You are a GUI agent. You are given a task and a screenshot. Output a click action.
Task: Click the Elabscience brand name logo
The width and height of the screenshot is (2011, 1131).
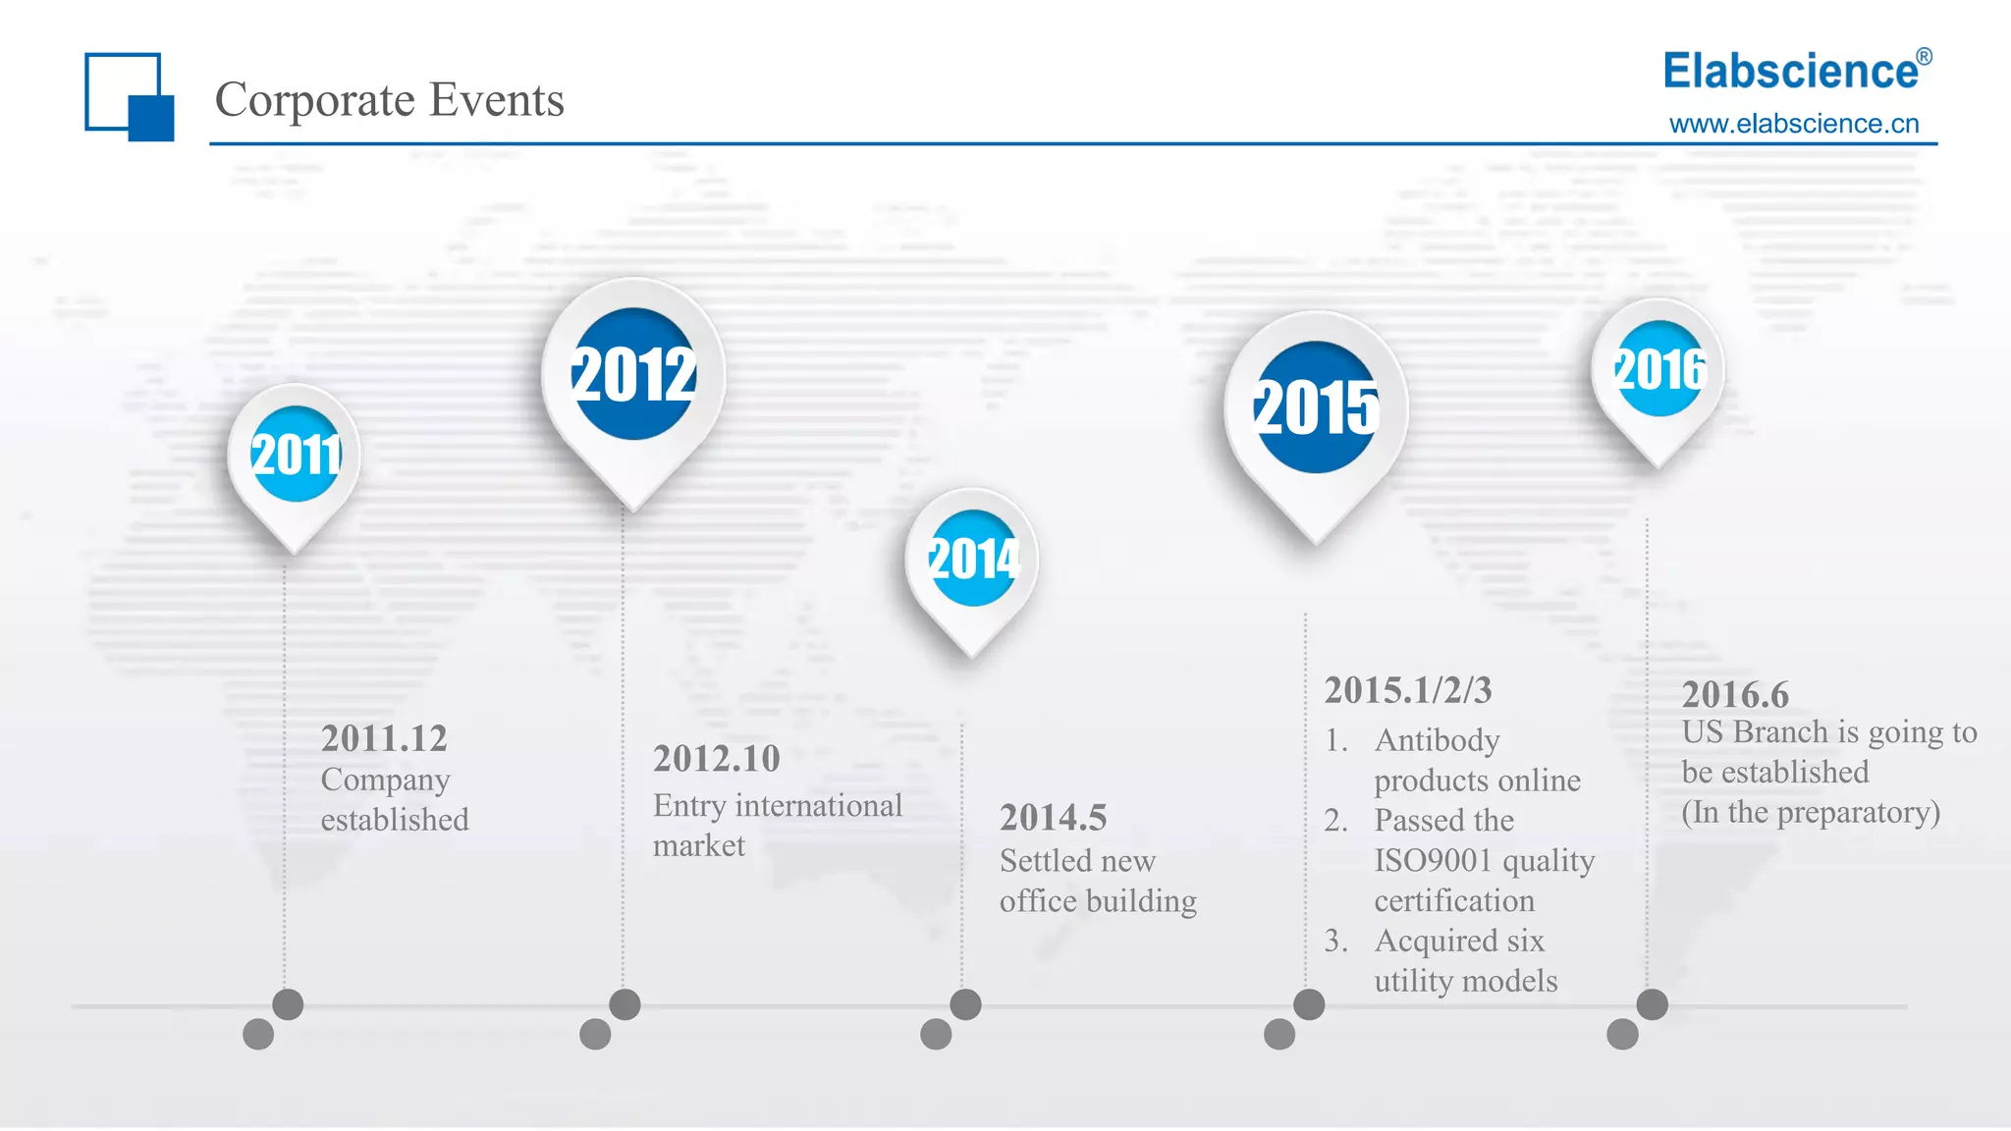[1790, 72]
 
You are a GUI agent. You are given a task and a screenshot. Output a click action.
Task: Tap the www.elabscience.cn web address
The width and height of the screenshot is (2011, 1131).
[1793, 124]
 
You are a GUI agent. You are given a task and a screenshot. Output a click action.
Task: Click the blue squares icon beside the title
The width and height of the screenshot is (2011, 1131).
[129, 96]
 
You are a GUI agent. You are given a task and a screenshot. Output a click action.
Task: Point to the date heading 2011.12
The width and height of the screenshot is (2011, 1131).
[384, 738]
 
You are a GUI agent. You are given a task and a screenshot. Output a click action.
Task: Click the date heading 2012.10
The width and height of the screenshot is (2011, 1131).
[716, 759]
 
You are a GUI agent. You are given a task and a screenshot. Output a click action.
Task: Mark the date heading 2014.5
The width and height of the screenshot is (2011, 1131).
[1053, 818]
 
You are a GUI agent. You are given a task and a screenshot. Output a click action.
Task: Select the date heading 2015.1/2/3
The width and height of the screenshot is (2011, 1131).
[1408, 690]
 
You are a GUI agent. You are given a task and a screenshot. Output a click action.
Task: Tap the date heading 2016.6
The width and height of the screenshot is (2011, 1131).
[1735, 695]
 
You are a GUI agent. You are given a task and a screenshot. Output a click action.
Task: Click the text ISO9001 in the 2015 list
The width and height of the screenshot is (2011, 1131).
[1433, 861]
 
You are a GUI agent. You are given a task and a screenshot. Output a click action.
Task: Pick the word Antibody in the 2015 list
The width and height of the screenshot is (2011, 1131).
[1437, 740]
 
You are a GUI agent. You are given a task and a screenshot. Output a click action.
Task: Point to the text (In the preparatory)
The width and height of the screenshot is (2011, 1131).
[1811, 813]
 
